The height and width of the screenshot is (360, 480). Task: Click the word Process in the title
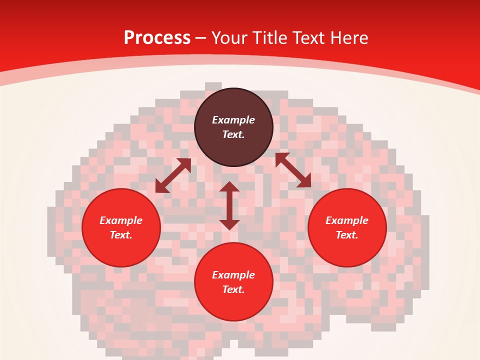point(157,38)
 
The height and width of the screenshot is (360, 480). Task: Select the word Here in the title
point(349,38)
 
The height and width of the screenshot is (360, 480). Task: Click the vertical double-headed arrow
point(229,205)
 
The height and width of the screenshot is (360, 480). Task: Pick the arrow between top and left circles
point(173,175)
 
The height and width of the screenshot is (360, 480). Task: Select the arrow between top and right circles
point(293,170)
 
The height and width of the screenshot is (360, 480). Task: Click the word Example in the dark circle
point(233,120)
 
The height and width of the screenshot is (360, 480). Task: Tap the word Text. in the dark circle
point(233,134)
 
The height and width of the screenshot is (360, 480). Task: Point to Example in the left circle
point(121,220)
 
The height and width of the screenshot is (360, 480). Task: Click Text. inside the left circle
point(121,235)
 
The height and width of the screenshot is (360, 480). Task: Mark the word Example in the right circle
point(347,220)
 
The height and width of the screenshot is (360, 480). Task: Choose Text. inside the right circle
point(347,235)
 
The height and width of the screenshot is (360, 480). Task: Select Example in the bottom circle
point(233,275)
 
